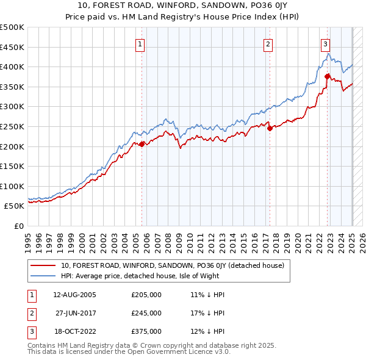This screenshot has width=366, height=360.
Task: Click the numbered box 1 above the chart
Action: (x=140, y=43)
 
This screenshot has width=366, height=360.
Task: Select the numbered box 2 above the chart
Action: (x=268, y=43)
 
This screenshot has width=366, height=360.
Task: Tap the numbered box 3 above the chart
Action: (x=325, y=43)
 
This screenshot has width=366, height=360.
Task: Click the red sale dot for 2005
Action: (x=142, y=144)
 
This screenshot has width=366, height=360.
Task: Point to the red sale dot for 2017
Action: (x=270, y=128)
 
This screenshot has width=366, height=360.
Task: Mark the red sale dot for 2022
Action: (x=328, y=76)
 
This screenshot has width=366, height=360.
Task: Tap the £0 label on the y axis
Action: (x=19, y=226)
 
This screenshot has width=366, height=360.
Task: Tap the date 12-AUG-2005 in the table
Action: (x=74, y=295)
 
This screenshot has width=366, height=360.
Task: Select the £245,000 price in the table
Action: (x=146, y=313)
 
